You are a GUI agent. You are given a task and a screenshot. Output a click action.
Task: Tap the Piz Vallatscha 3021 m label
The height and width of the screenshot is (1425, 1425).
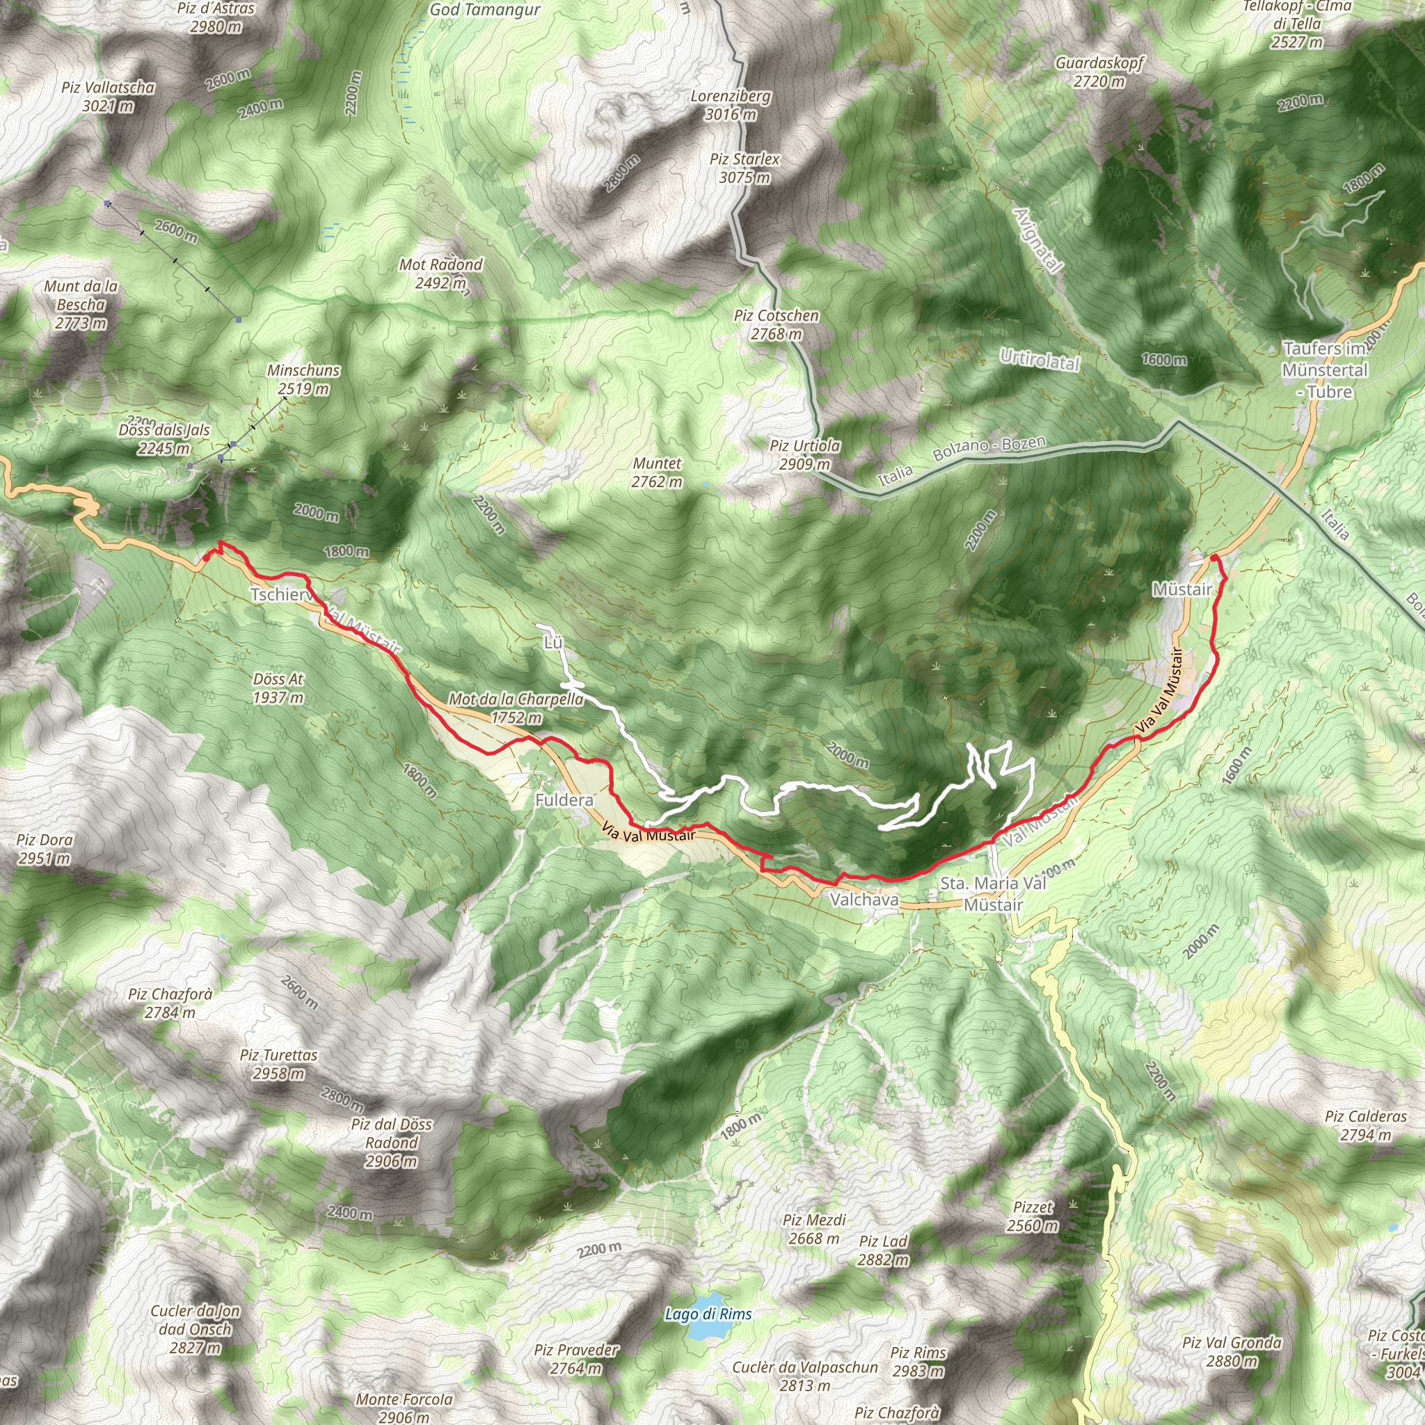coord(109,97)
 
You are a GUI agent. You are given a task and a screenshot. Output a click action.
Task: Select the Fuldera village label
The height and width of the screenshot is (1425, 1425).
coord(564,800)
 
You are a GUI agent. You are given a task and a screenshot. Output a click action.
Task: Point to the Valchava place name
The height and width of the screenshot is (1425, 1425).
coord(864,900)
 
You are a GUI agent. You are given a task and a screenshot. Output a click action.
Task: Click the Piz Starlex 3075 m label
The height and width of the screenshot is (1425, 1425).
coord(745,168)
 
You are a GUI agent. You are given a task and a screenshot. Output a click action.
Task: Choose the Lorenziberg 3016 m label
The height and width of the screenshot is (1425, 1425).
coord(731,105)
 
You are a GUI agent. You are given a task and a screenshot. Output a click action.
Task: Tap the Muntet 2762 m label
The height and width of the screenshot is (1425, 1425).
coord(656,472)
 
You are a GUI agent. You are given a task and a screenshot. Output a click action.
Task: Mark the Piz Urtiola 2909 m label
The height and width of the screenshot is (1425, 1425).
coord(804,455)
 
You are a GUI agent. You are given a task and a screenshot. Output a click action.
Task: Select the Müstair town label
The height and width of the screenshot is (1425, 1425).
coord(1182,589)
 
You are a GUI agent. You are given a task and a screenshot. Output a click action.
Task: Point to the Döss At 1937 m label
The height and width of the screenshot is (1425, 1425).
coord(278,687)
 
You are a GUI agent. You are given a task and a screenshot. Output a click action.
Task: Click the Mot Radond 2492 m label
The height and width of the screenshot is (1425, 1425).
coord(441,273)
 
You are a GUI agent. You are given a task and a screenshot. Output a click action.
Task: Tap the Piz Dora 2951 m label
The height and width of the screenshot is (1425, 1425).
coord(45,849)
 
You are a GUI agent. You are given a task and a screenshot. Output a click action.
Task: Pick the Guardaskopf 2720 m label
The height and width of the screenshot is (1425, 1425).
coord(1099,72)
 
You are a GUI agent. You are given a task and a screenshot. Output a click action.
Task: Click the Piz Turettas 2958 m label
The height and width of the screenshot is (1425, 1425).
coord(278,1065)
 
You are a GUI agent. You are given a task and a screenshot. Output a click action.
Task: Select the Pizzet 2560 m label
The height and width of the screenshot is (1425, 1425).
coord(1033,1216)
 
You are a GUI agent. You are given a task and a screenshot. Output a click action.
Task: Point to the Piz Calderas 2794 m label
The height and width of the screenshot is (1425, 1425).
coord(1366,1126)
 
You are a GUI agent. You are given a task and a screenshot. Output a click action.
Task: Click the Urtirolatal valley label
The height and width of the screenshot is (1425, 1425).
coord(1040,360)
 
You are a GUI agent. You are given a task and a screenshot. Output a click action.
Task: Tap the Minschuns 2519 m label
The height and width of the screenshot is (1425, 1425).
coord(303,379)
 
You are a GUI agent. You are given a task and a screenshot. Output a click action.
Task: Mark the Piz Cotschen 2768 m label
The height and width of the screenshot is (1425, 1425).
coord(776,324)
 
